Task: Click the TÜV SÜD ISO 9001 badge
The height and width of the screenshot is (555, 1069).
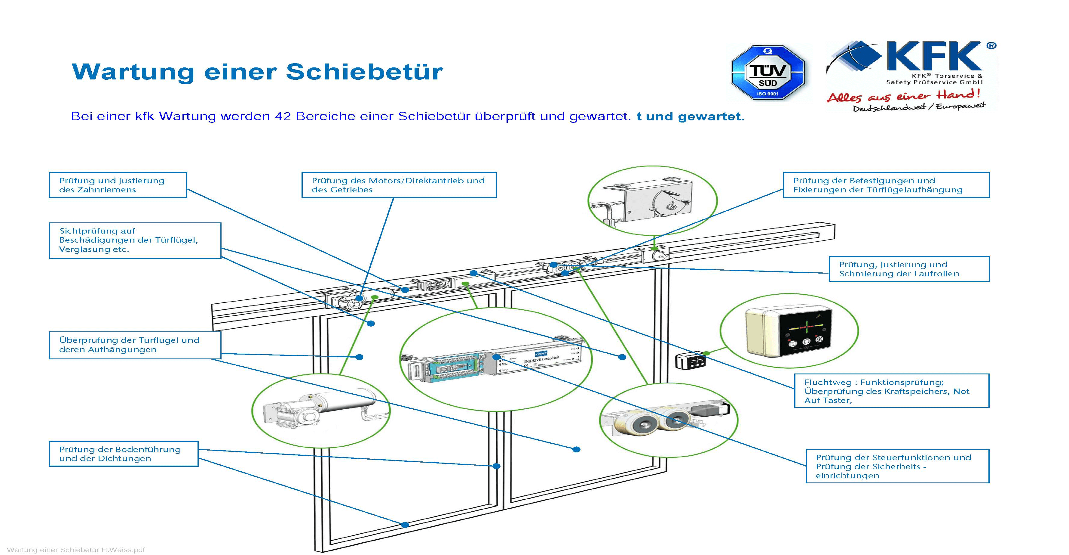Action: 768,72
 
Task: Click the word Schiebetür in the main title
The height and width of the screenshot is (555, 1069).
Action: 364,72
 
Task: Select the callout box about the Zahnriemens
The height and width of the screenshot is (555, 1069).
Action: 118,185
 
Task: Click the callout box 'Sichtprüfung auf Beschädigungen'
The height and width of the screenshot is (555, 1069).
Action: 135,240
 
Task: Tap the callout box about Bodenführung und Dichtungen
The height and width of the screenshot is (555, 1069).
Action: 123,454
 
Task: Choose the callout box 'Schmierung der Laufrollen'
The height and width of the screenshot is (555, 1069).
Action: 909,269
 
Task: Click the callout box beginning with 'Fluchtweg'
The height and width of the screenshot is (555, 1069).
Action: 891,391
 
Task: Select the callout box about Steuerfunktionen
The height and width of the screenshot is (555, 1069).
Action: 897,466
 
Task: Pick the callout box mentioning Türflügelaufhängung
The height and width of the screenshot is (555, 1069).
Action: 886,185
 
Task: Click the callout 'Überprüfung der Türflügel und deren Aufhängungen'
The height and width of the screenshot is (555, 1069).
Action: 135,345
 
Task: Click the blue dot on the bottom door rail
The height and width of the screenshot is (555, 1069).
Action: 405,525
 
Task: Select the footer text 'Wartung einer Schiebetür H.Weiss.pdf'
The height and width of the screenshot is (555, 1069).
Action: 76,550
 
